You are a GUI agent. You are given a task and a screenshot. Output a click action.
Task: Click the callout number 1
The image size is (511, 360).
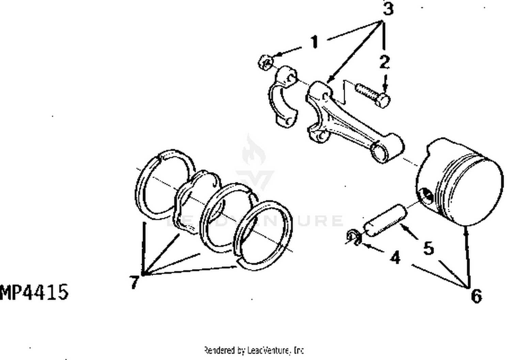(314, 42)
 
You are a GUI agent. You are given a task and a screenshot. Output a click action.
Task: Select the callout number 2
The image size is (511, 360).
(385, 62)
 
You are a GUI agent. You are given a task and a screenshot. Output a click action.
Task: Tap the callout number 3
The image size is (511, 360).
(388, 9)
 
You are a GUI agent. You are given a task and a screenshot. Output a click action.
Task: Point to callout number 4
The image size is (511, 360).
(395, 257)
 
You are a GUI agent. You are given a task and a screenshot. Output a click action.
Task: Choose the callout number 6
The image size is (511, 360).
(476, 295)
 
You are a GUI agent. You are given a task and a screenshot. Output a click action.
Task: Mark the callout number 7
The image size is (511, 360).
(134, 282)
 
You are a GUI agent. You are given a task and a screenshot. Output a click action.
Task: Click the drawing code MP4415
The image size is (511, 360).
(34, 292)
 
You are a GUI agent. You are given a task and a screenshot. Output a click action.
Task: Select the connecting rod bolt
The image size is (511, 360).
(373, 94)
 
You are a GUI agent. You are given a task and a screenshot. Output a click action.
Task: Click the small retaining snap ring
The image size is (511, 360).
(354, 237)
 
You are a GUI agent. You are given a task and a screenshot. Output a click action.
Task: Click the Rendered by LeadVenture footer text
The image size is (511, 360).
(254, 350)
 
